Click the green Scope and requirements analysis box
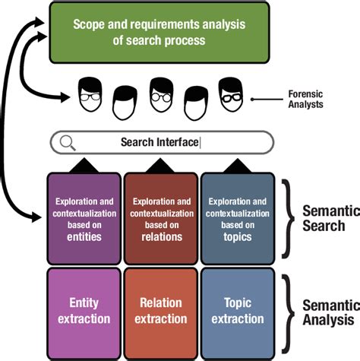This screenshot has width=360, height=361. [x=159, y=32]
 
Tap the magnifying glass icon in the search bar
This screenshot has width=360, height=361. [x=68, y=142]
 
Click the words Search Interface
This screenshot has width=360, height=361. [x=159, y=142]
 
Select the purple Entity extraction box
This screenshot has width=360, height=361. [x=84, y=309]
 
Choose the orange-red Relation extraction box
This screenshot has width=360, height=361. [x=161, y=309]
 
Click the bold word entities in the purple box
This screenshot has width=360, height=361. [x=84, y=236]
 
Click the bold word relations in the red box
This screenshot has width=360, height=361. [x=161, y=236]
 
